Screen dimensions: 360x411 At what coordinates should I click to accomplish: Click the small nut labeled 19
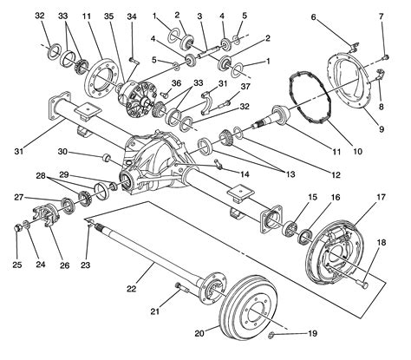coord(272,334)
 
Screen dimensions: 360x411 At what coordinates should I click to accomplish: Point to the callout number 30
coord(87,151)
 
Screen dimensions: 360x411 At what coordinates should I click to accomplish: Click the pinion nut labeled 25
coord(19,228)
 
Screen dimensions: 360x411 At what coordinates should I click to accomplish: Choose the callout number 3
coord(199,16)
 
